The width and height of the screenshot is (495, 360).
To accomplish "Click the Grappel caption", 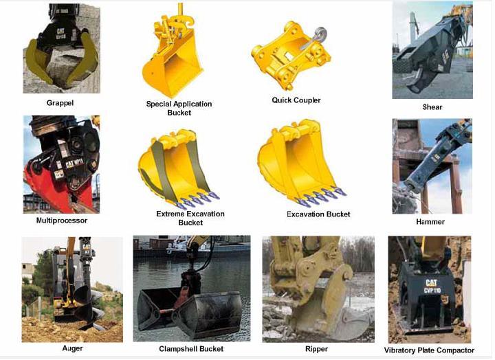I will (x=60, y=103).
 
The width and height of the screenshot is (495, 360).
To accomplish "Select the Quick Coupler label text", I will (x=296, y=100).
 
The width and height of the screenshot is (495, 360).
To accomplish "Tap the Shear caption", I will (x=432, y=107).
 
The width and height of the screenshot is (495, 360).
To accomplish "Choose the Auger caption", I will (x=71, y=348).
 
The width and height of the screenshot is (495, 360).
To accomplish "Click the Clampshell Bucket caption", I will (x=191, y=349).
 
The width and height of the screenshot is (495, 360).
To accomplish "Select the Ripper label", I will (x=316, y=349).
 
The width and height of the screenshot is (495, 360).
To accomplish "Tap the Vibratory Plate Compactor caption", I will (x=430, y=350).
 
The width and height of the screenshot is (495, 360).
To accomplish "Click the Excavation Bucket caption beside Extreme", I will (x=318, y=214).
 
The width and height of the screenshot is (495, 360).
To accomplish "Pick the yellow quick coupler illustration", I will (x=289, y=56).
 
